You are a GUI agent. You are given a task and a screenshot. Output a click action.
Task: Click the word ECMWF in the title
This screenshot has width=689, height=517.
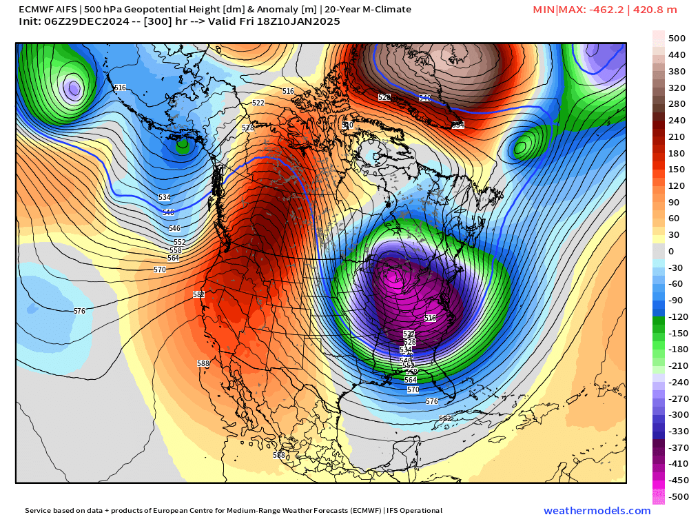point(34,10)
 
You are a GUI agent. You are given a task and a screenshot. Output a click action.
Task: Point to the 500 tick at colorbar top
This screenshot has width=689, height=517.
point(677,39)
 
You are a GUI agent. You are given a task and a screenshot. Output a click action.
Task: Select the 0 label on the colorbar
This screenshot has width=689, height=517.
point(671,252)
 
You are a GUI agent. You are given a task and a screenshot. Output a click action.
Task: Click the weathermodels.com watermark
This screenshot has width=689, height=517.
point(597,511)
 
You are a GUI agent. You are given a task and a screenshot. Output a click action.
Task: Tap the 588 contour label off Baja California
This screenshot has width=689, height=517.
point(203,363)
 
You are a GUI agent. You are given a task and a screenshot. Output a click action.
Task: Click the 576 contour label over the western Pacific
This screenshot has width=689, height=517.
point(79,311)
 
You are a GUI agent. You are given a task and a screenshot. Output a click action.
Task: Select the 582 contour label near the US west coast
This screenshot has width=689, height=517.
point(199,294)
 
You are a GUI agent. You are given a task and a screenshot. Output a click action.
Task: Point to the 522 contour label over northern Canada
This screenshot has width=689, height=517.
point(258,103)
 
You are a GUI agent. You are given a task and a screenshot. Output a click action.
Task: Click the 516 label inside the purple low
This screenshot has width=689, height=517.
point(431,318)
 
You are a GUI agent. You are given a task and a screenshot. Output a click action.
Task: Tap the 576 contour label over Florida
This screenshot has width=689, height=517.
point(432,401)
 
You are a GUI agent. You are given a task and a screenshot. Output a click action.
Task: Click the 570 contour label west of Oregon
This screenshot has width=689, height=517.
point(160,270)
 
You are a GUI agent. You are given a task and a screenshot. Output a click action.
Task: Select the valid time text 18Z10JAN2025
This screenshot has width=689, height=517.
point(302,22)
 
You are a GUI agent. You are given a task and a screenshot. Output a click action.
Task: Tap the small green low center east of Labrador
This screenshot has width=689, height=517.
point(522,146)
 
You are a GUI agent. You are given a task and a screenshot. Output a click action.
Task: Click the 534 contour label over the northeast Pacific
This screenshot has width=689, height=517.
point(165,197)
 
